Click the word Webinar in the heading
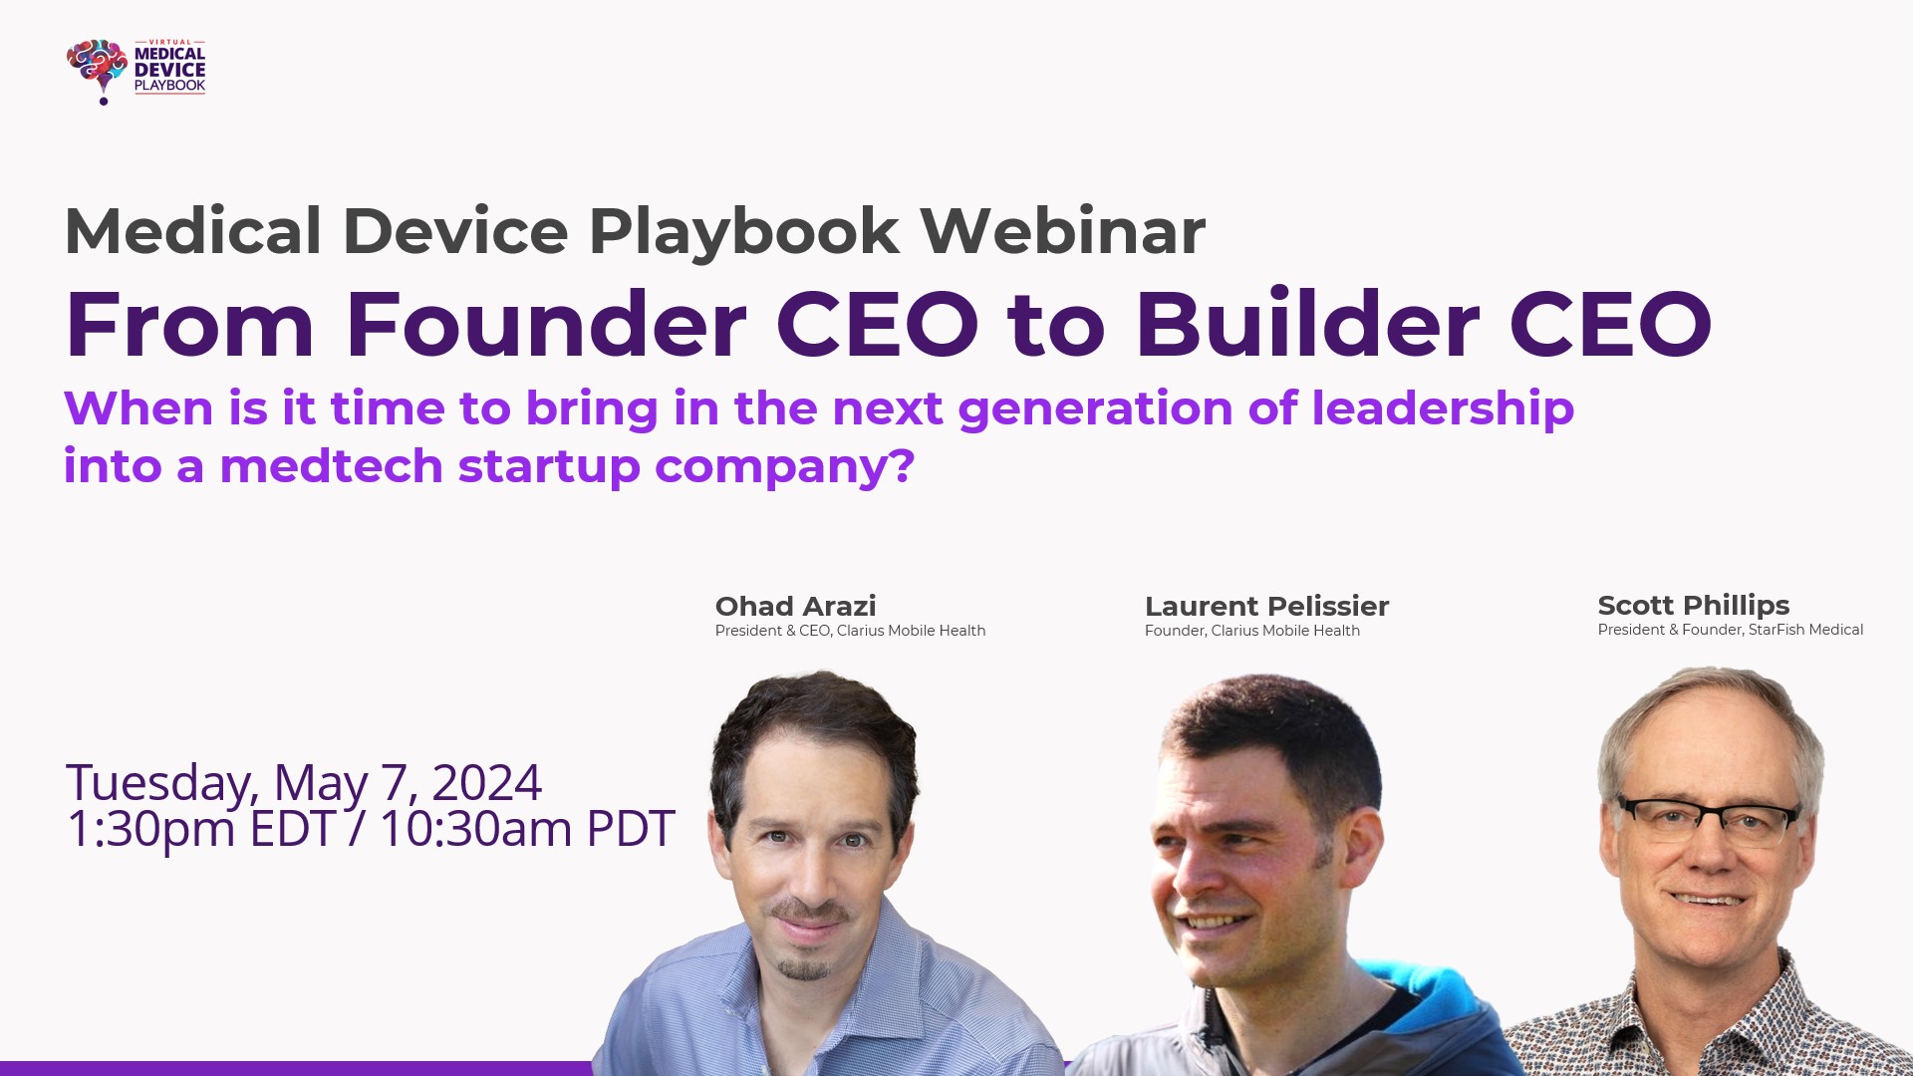click(1062, 231)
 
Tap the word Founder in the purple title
click(545, 325)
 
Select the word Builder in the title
click(1307, 325)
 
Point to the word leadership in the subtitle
click(1442, 409)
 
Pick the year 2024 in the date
click(486, 782)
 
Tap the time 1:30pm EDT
click(199, 829)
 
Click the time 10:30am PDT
click(526, 829)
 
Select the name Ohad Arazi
click(795, 606)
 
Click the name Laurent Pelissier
click(1266, 606)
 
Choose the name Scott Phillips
click(1693, 605)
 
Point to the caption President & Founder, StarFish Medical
click(1730, 630)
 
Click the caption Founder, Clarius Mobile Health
click(1251, 631)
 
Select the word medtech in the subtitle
click(331, 466)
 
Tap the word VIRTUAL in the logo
click(169, 43)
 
